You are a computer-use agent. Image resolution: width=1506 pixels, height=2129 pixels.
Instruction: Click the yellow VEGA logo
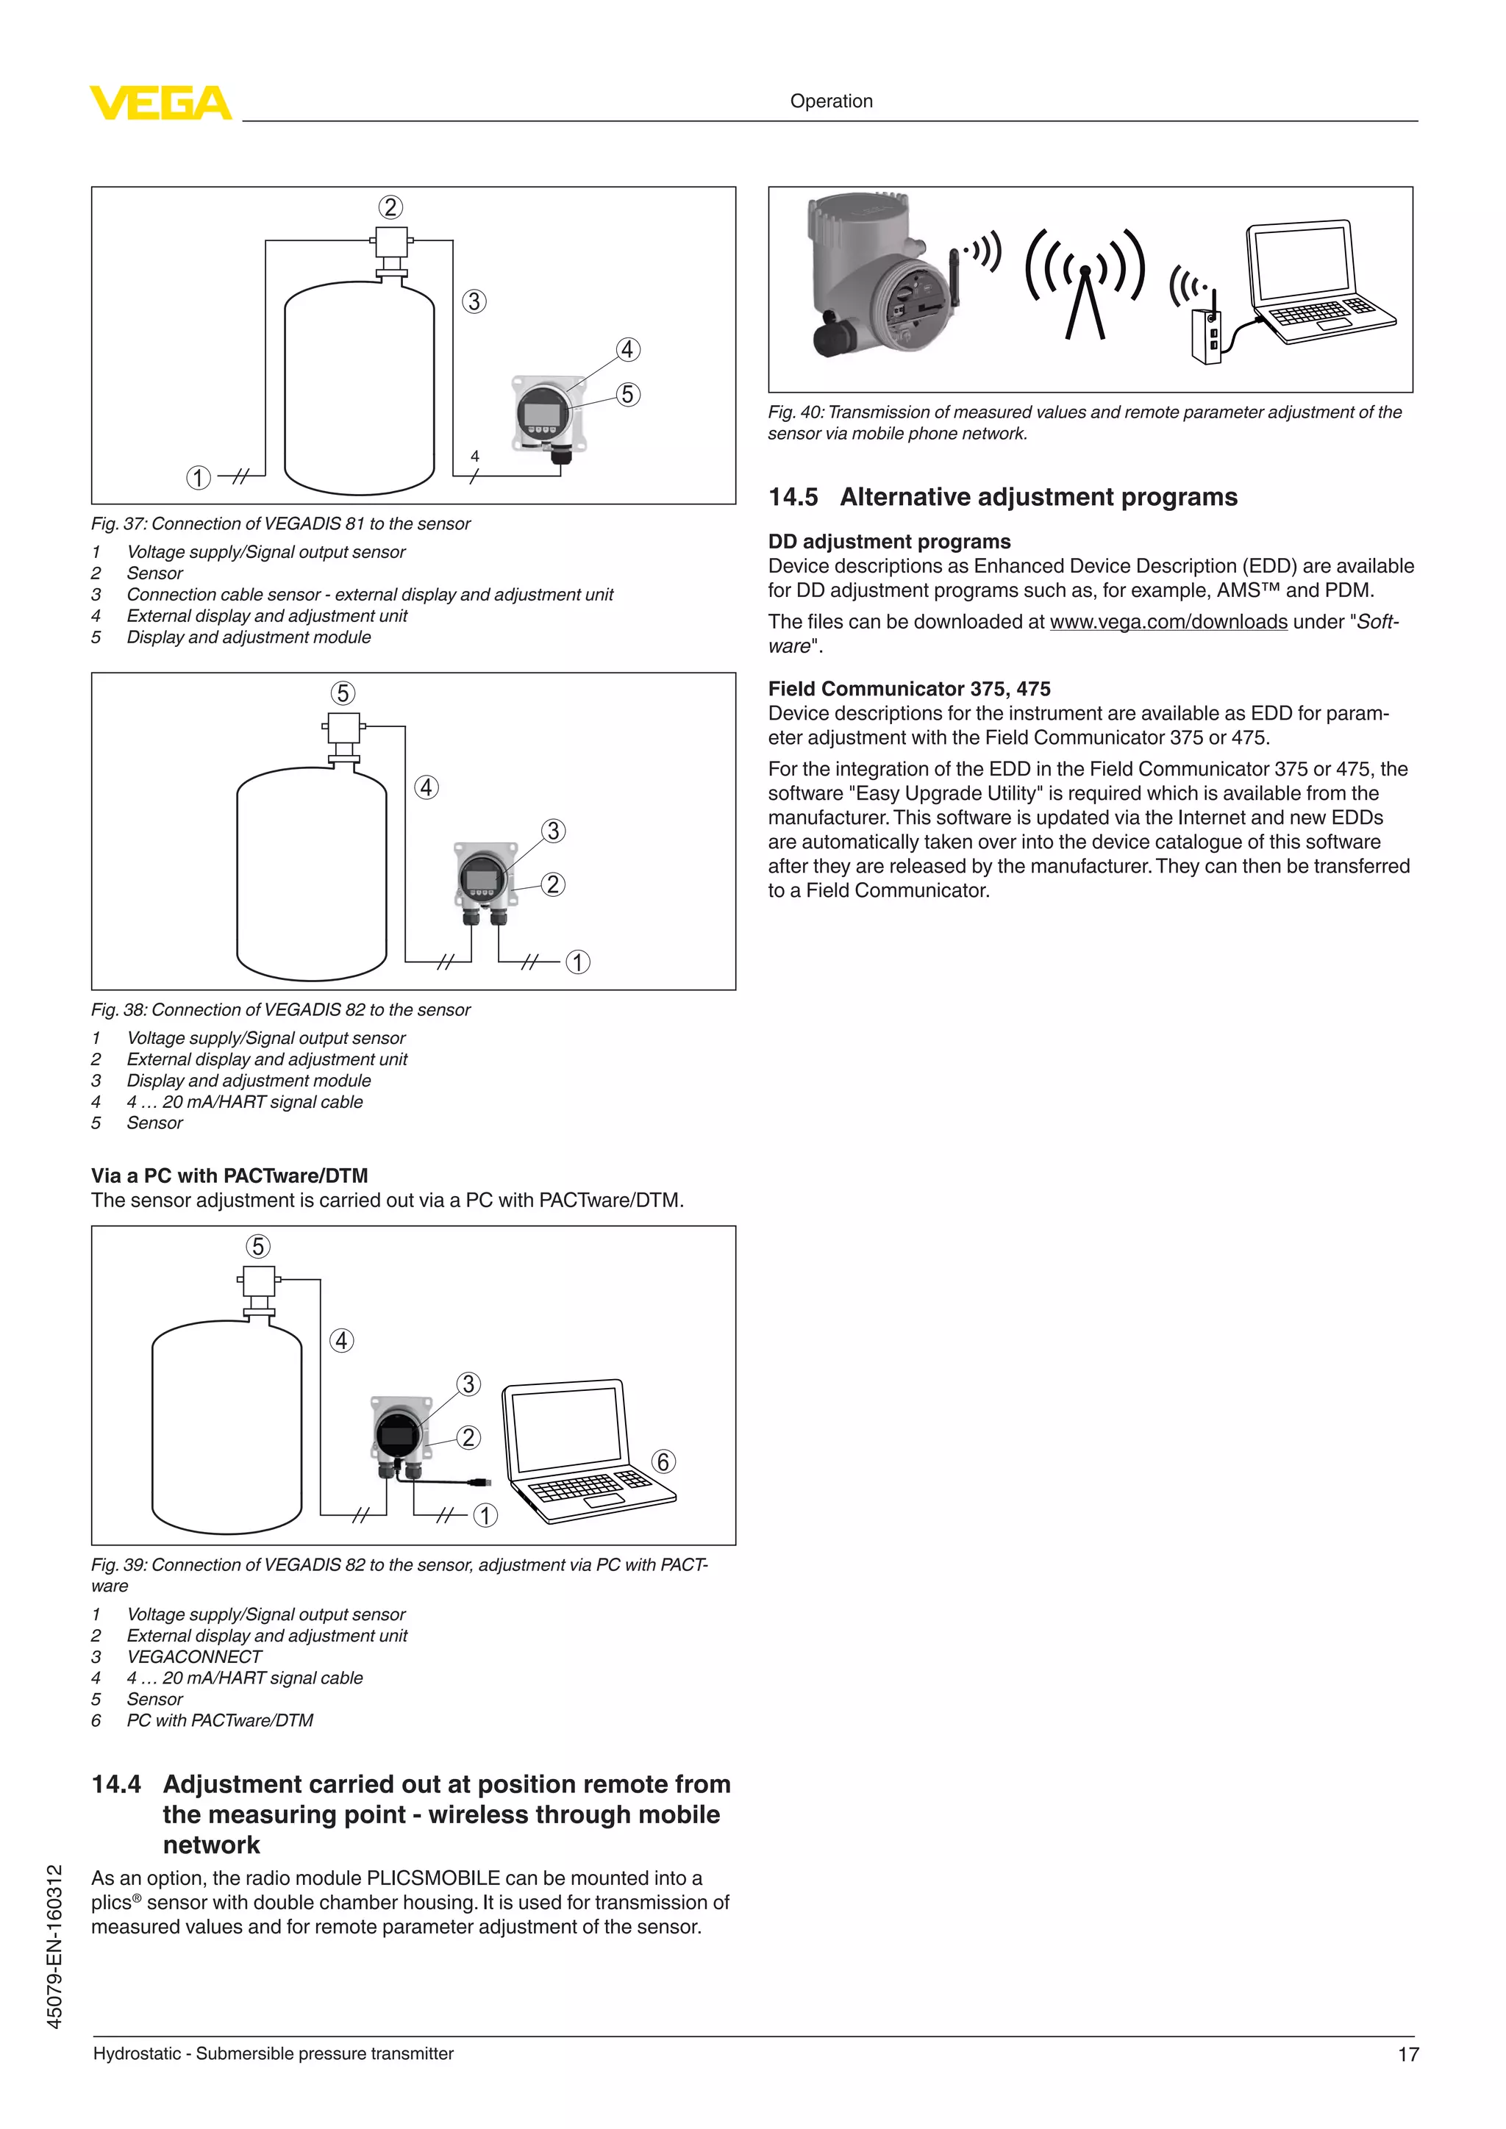point(160,102)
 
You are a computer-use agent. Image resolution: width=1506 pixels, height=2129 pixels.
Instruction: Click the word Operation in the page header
point(831,101)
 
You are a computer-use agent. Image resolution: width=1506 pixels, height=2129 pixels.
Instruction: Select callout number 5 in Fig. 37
point(628,394)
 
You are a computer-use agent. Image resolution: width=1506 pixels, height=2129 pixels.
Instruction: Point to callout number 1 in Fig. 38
point(578,962)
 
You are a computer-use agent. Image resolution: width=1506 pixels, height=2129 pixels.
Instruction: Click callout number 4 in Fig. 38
point(426,787)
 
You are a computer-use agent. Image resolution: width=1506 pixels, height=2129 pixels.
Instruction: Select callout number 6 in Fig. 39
point(663,1461)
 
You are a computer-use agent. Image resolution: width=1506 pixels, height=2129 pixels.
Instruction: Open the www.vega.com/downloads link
point(1168,622)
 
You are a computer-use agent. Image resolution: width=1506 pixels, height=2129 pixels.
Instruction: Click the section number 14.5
point(793,497)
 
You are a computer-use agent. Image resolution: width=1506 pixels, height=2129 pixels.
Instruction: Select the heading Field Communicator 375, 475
point(909,689)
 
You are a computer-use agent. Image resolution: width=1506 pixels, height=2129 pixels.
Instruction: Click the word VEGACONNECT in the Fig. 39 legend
point(194,1656)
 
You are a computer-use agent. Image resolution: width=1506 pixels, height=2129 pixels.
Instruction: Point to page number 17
point(1407,2055)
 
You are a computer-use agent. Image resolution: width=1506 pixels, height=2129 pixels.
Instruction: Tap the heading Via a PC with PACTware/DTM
point(229,1176)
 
